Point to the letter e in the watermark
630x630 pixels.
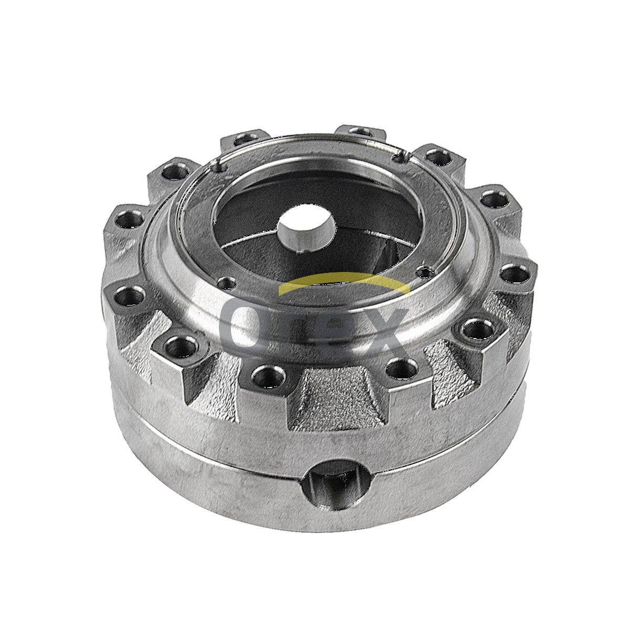tap(330, 328)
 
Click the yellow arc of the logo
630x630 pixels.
tap(344, 283)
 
